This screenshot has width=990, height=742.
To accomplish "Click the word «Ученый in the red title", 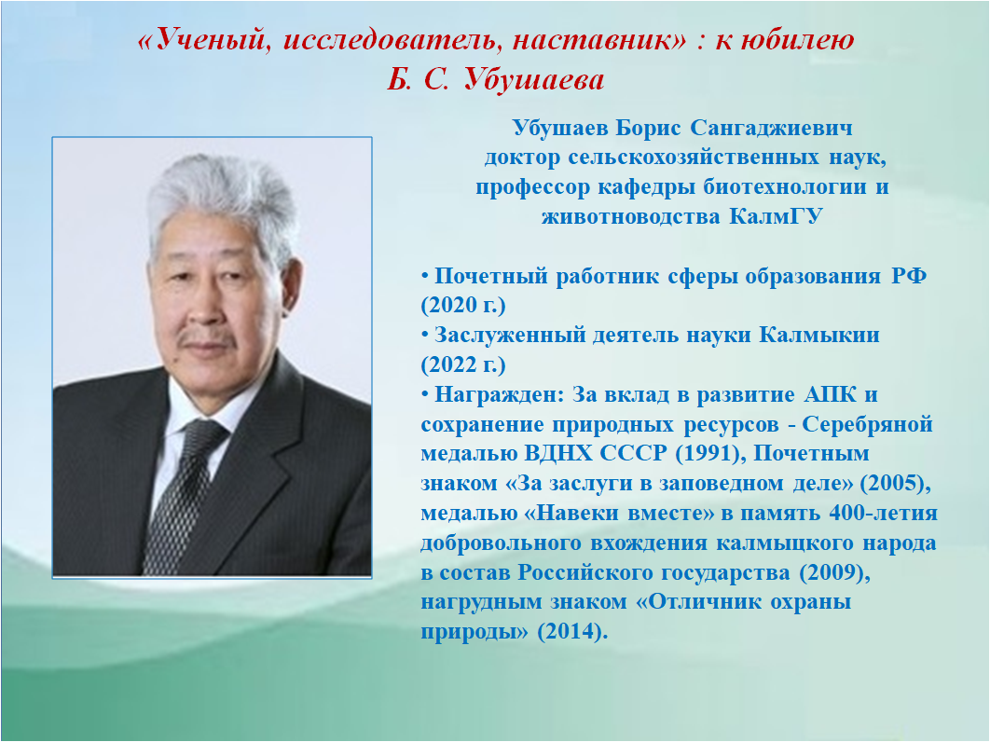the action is pos(203,41).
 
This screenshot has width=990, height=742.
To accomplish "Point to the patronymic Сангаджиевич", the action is pos(771,129).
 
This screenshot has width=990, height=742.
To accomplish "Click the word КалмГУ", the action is pos(776,216).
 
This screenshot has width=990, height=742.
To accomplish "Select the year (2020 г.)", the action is pos(462,306).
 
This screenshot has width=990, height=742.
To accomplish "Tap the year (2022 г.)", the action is pos(462,365).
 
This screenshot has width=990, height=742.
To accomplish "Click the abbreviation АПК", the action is pos(831,394).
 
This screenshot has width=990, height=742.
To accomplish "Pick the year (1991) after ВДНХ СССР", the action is pos(710,453).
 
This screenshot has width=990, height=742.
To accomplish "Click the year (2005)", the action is pos(896,483).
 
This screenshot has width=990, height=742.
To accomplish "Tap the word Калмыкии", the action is pos(818,336).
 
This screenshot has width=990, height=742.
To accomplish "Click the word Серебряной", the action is pos(868,425).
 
